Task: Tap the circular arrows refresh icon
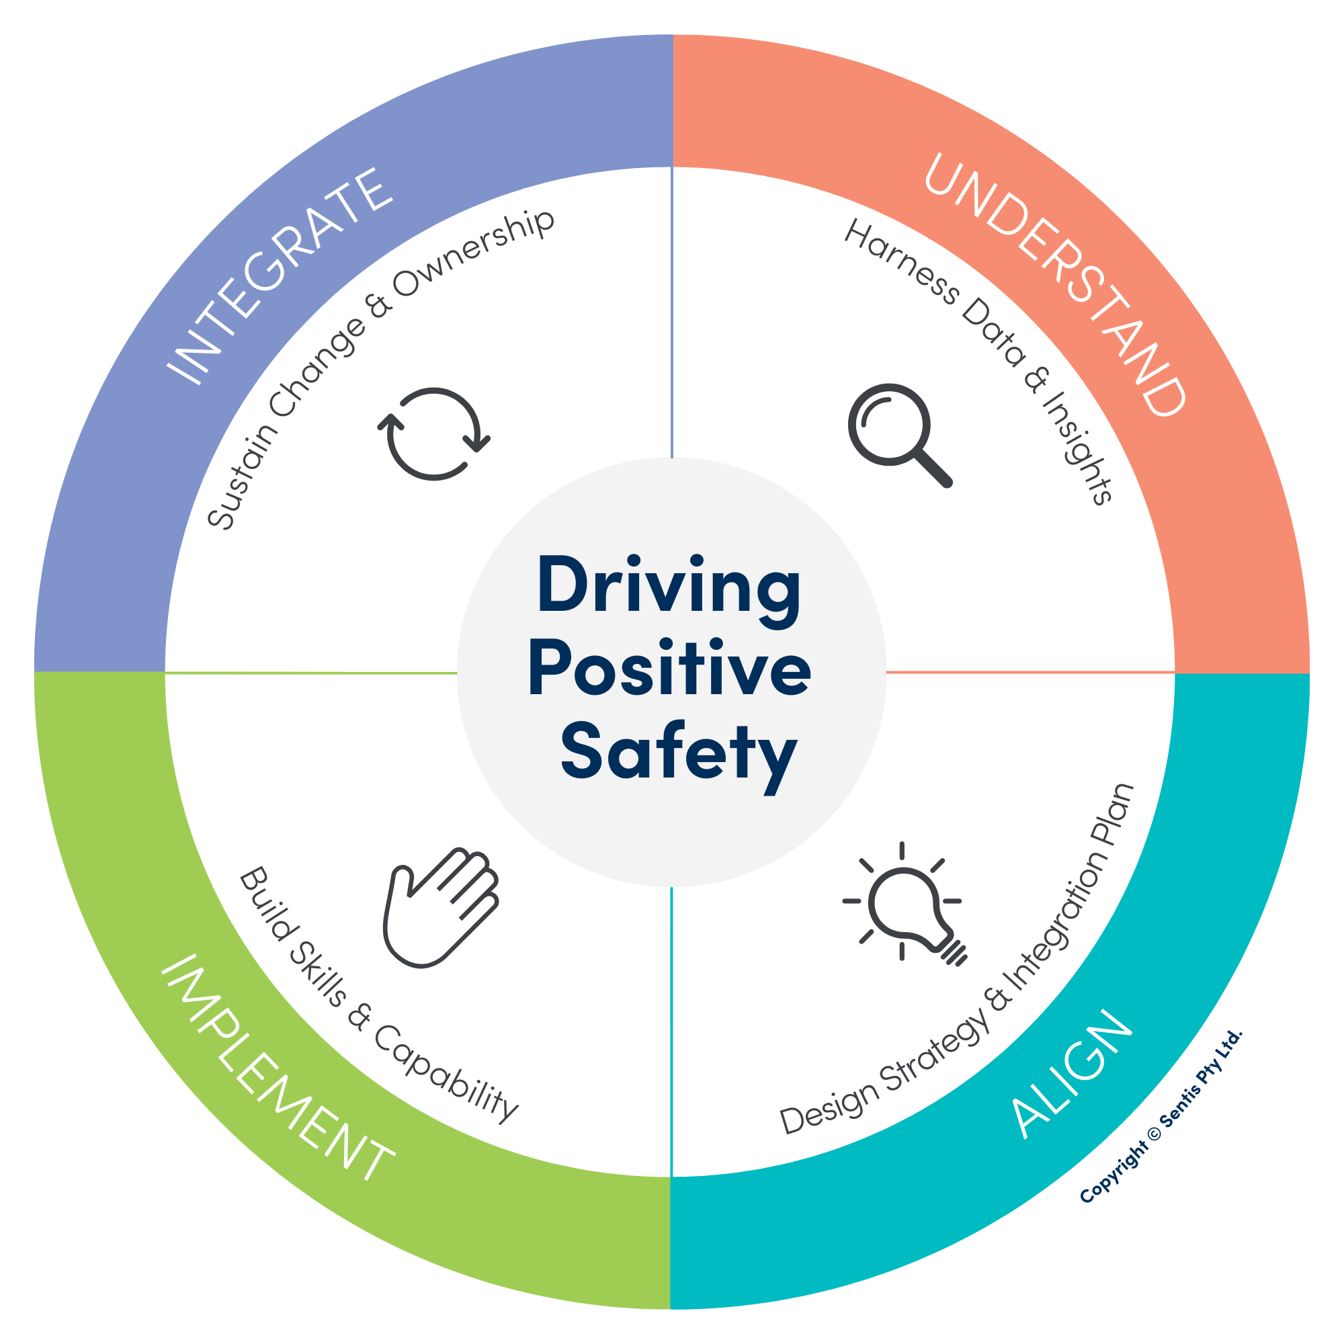[x=433, y=433]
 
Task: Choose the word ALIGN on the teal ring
[x=1072, y=1072]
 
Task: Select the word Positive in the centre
[x=669, y=670]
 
